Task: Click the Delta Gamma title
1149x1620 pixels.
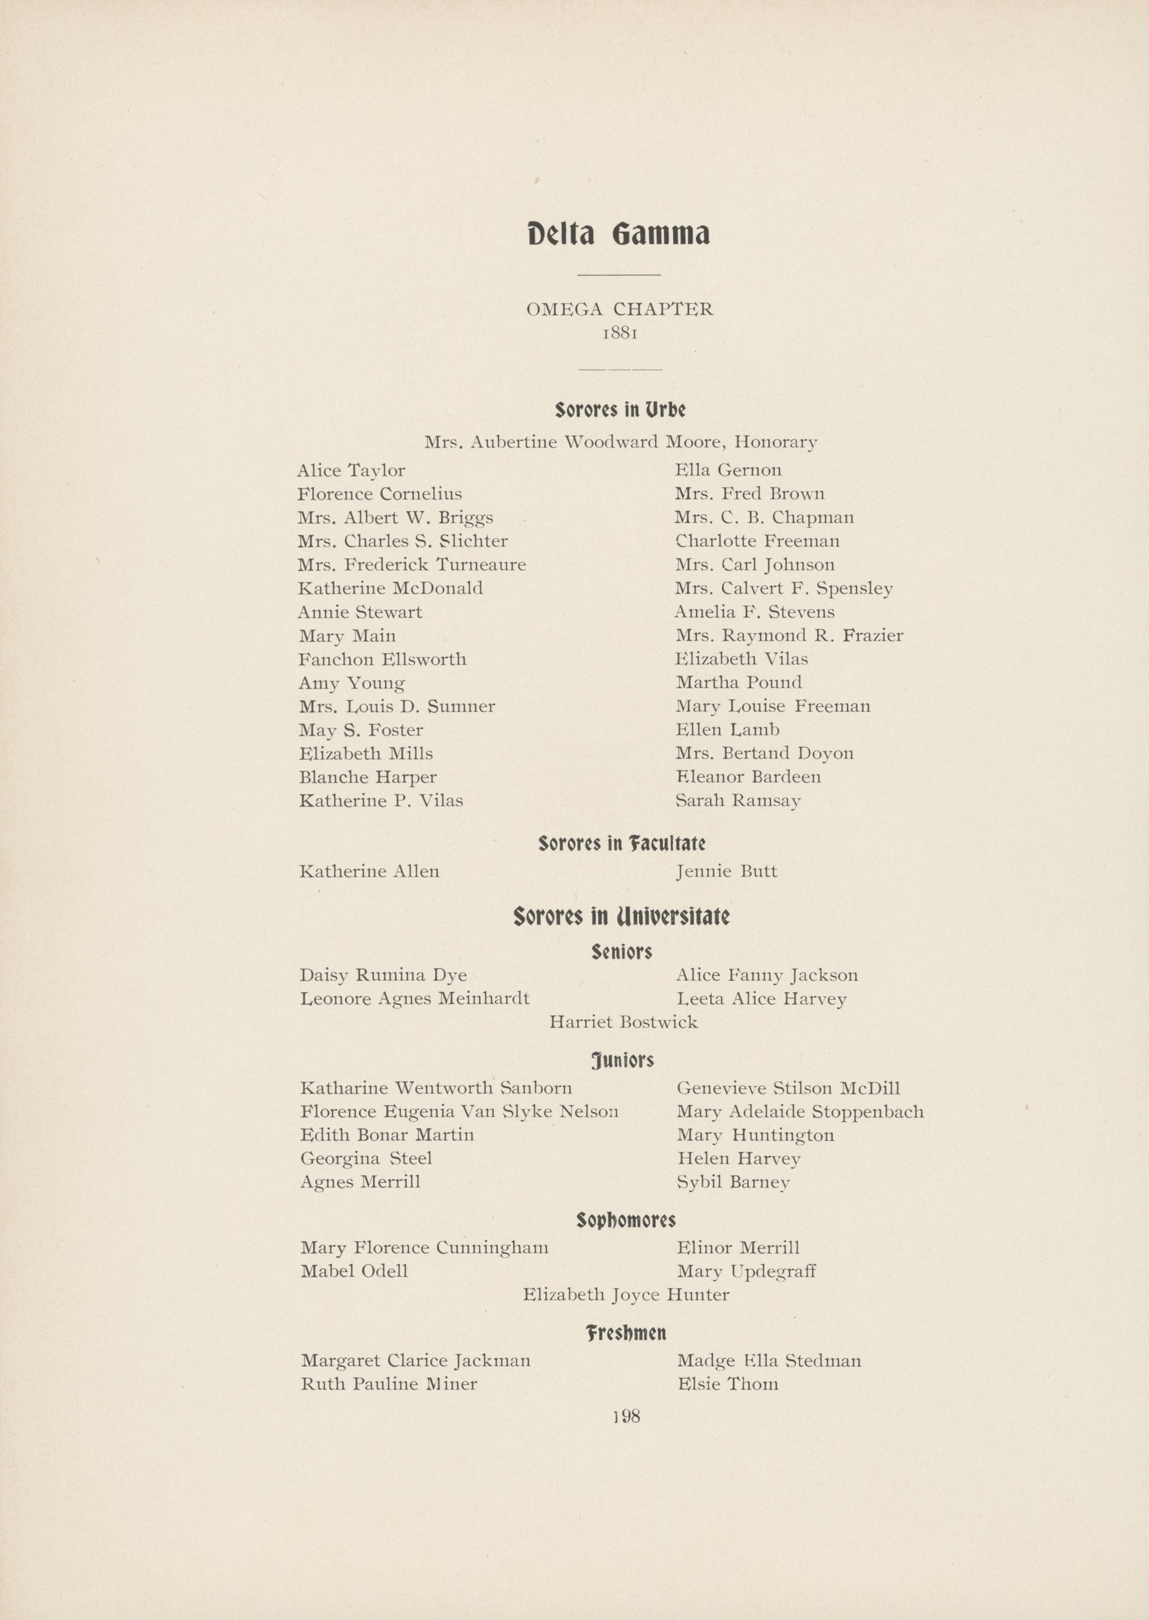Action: (x=619, y=234)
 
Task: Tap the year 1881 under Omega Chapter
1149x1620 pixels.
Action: (x=620, y=332)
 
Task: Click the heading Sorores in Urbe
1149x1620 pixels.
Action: (x=620, y=410)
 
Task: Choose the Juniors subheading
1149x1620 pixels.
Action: (x=622, y=1060)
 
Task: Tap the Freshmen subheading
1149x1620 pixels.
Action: (x=625, y=1333)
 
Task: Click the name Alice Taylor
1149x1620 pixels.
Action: (x=351, y=471)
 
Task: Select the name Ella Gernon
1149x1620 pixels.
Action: (x=728, y=470)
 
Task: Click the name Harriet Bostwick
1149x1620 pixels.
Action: (x=624, y=1022)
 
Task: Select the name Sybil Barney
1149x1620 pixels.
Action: (x=733, y=1182)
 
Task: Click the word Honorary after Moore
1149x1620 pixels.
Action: (x=775, y=443)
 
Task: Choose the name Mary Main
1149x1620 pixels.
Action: (x=347, y=636)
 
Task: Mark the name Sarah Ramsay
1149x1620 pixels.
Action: (x=738, y=800)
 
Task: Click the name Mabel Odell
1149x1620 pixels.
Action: (x=354, y=1271)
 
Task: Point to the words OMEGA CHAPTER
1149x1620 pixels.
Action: (x=619, y=309)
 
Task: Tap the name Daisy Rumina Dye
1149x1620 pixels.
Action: (x=383, y=975)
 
